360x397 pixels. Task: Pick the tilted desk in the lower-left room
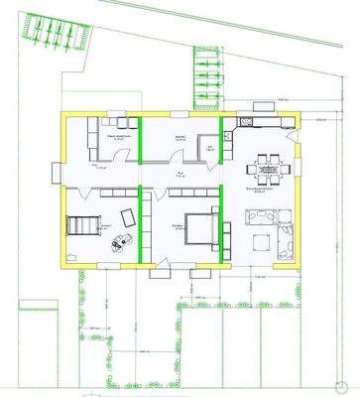128,217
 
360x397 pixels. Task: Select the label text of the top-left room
118,139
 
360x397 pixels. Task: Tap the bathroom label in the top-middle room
180,139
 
